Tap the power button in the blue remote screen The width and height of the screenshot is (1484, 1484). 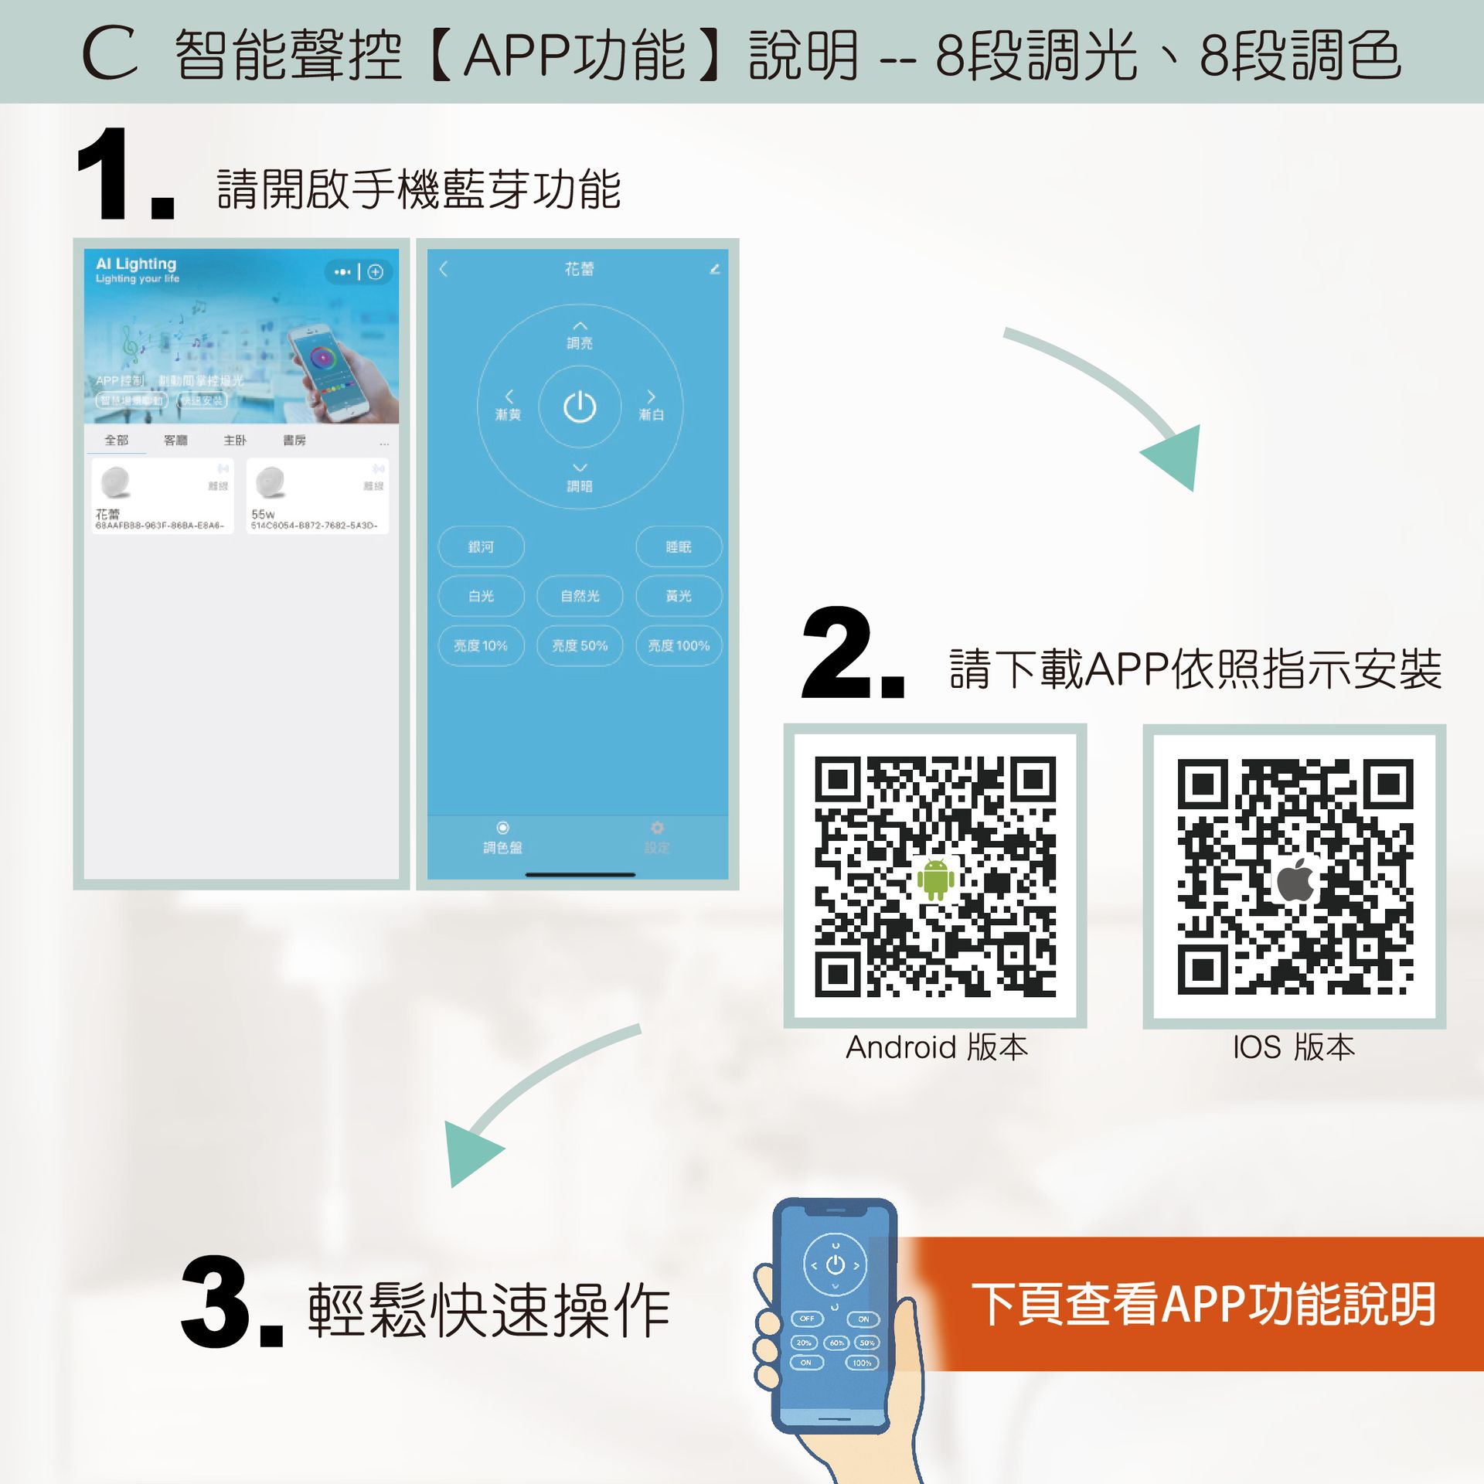(x=580, y=407)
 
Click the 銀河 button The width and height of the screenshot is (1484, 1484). (x=481, y=546)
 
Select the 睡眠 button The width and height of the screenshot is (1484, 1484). (x=679, y=546)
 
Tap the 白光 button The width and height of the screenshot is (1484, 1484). (x=481, y=596)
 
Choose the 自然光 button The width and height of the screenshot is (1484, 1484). (x=580, y=596)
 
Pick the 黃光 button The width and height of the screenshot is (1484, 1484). (x=679, y=596)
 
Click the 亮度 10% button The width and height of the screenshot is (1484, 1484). (x=481, y=645)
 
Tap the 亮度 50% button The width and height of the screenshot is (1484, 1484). (x=580, y=645)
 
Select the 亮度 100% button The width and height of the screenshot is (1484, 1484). (x=679, y=645)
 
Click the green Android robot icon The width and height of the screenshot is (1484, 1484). (x=935, y=879)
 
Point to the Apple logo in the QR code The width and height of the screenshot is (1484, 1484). (x=1295, y=880)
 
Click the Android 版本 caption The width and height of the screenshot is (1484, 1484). (x=937, y=1047)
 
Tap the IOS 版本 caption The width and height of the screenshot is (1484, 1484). (x=1294, y=1047)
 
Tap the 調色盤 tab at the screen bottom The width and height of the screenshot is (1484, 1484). (x=502, y=839)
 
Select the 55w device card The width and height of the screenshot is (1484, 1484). (x=317, y=495)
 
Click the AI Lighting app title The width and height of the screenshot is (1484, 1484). (x=136, y=264)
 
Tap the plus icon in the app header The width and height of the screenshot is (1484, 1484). (x=376, y=271)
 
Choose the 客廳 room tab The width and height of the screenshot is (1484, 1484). (x=175, y=440)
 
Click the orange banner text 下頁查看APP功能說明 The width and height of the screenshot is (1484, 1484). (x=1203, y=1304)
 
